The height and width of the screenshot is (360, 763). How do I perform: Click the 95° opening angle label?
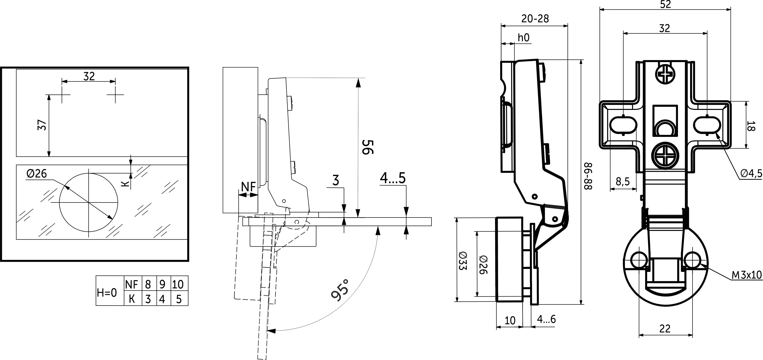click(x=340, y=290)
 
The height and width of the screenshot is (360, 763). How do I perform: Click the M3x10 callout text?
click(x=746, y=275)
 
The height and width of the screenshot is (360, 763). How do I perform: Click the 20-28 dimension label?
click(x=535, y=19)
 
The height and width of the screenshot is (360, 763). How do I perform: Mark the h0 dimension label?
click(x=523, y=38)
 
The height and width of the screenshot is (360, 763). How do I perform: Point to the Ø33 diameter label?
click(x=463, y=261)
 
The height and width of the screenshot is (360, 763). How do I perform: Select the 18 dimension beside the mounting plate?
click(x=751, y=125)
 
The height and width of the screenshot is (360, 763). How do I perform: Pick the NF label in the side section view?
click(x=248, y=187)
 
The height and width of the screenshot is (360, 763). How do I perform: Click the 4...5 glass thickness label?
click(x=393, y=178)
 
